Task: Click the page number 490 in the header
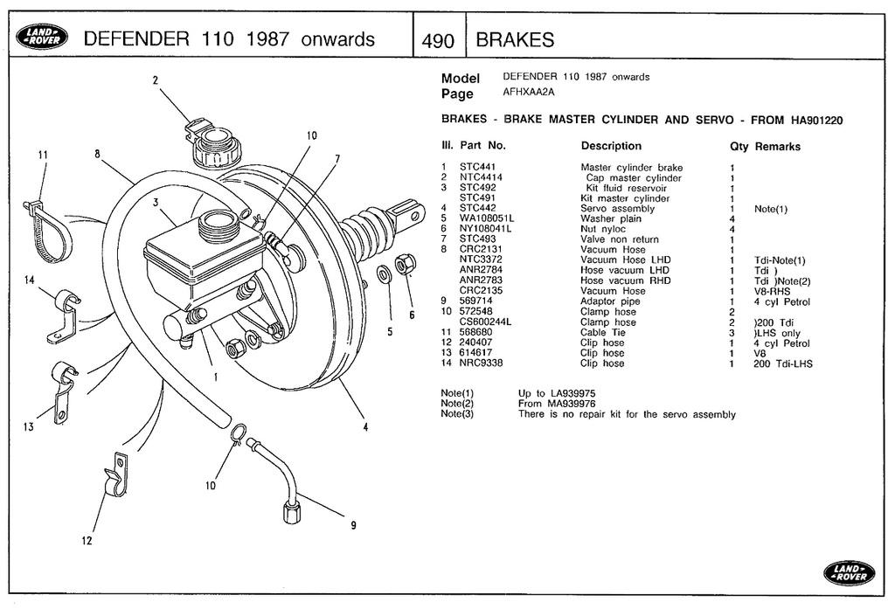[x=437, y=40]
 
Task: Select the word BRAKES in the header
[x=515, y=40]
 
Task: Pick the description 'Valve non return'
[x=620, y=239]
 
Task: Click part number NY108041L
[x=485, y=229]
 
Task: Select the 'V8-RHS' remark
[x=772, y=291]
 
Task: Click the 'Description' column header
[x=611, y=146]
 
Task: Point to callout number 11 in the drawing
[x=42, y=156]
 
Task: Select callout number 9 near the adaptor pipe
[x=353, y=525]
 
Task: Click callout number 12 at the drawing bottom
[x=87, y=541]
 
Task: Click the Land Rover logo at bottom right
[x=847, y=572]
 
